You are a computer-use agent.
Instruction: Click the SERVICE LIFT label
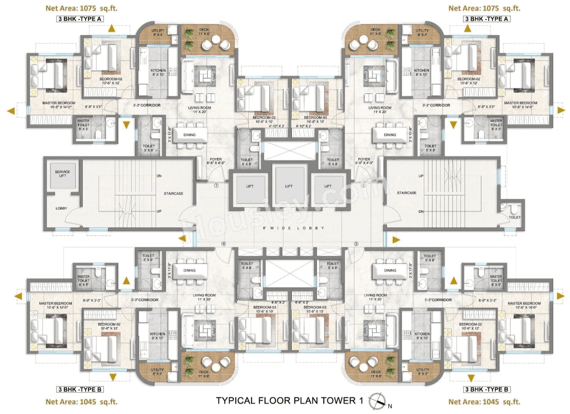pos(62,174)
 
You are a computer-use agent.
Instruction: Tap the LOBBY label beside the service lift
pos(61,208)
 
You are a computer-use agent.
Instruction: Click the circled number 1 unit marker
pos(216,185)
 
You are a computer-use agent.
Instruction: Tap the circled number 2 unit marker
pos(363,185)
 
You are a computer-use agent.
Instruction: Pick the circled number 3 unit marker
pos(356,244)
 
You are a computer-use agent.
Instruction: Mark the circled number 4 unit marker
pos(224,244)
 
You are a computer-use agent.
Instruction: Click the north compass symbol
pos(376,401)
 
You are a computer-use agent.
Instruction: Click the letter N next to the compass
pos(390,406)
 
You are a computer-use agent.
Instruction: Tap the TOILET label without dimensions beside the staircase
pos(514,217)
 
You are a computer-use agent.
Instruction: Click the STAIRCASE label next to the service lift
pos(173,193)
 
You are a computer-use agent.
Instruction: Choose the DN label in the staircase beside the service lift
pos(159,176)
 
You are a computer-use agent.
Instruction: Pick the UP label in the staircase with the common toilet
pos(421,176)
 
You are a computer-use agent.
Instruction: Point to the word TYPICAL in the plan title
pos(235,401)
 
